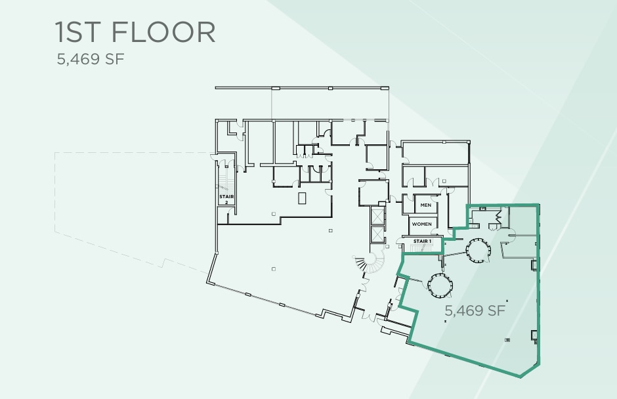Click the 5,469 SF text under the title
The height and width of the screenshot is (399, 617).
tap(91, 60)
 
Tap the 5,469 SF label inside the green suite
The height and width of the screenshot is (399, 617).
tap(475, 310)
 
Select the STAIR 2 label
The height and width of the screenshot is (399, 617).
tap(226, 199)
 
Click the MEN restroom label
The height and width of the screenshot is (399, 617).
tap(425, 205)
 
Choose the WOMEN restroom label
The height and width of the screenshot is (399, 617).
tap(422, 224)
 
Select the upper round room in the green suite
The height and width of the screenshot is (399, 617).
tap(476, 250)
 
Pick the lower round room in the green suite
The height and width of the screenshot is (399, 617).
tap(438, 284)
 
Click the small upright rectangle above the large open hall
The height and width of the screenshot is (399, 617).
tap(302, 198)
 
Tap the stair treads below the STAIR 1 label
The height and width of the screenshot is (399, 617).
tap(421, 249)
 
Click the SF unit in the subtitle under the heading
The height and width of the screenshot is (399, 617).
tap(116, 60)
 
